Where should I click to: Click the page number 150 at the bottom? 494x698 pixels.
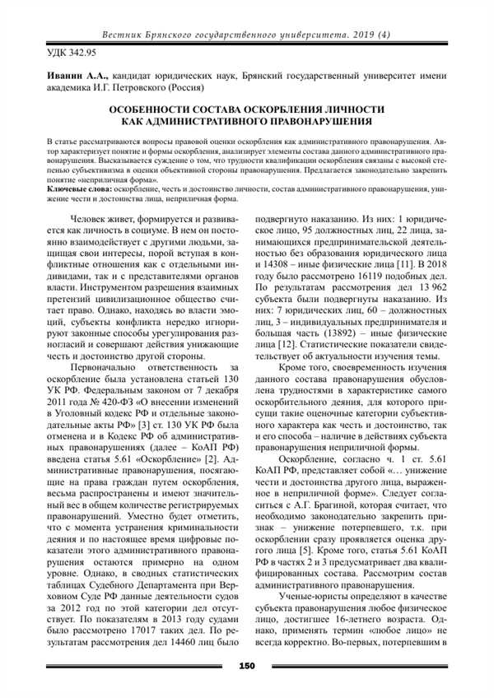click(246, 665)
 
